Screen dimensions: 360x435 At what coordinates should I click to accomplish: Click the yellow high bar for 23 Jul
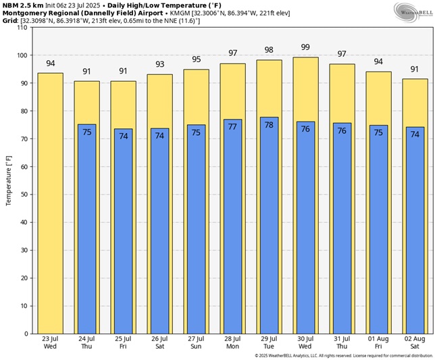[50, 203]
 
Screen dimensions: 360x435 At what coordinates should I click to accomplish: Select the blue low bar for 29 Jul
[269, 230]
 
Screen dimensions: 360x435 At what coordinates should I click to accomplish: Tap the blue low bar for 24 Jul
[86, 230]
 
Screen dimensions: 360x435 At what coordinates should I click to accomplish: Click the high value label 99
[305, 47]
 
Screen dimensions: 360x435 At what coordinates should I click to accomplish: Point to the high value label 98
[269, 51]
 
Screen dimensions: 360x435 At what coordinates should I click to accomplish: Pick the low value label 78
[269, 125]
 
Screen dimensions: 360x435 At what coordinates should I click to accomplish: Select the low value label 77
[232, 126]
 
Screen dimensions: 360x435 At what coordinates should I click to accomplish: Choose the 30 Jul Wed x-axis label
[305, 342]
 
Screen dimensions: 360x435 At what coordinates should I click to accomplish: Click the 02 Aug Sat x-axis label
[415, 342]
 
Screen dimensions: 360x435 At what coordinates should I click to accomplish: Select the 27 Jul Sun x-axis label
[196, 342]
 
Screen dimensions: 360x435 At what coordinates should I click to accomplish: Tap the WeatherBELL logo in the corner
[413, 11]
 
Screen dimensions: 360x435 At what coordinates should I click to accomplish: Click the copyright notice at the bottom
[344, 355]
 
